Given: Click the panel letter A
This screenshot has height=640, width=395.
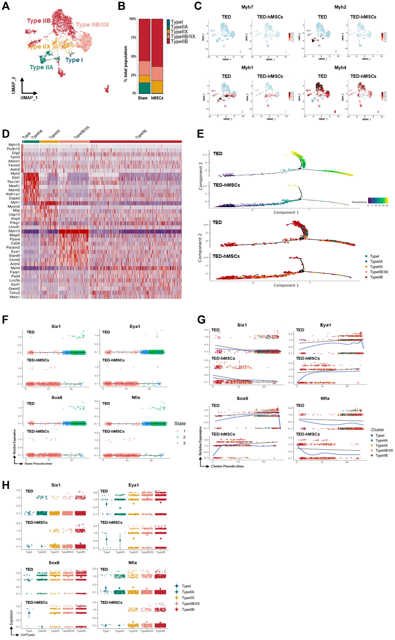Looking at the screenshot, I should point(6,6).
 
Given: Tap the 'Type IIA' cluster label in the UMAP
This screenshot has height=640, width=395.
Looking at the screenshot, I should point(41,67).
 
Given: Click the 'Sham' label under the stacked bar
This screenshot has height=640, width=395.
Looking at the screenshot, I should point(143,98).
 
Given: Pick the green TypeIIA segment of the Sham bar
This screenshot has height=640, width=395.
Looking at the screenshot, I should point(144,88).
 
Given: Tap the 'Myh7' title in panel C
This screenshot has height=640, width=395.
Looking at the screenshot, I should point(247,7).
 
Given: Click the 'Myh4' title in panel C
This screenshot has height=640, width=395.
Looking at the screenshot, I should point(340,68).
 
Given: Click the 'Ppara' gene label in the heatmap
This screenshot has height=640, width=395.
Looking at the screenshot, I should point(15,239).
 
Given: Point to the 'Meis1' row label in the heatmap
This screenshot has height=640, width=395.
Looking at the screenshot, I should point(15,297).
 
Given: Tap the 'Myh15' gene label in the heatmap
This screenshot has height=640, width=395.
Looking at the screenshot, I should point(14,145).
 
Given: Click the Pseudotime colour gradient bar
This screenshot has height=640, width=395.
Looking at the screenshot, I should point(378,200).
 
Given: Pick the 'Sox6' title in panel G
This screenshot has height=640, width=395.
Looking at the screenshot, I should point(242,398).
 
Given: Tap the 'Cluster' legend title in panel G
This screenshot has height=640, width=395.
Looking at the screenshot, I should point(378,430).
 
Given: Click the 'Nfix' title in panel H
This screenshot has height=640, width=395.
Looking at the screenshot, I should point(132,563).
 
